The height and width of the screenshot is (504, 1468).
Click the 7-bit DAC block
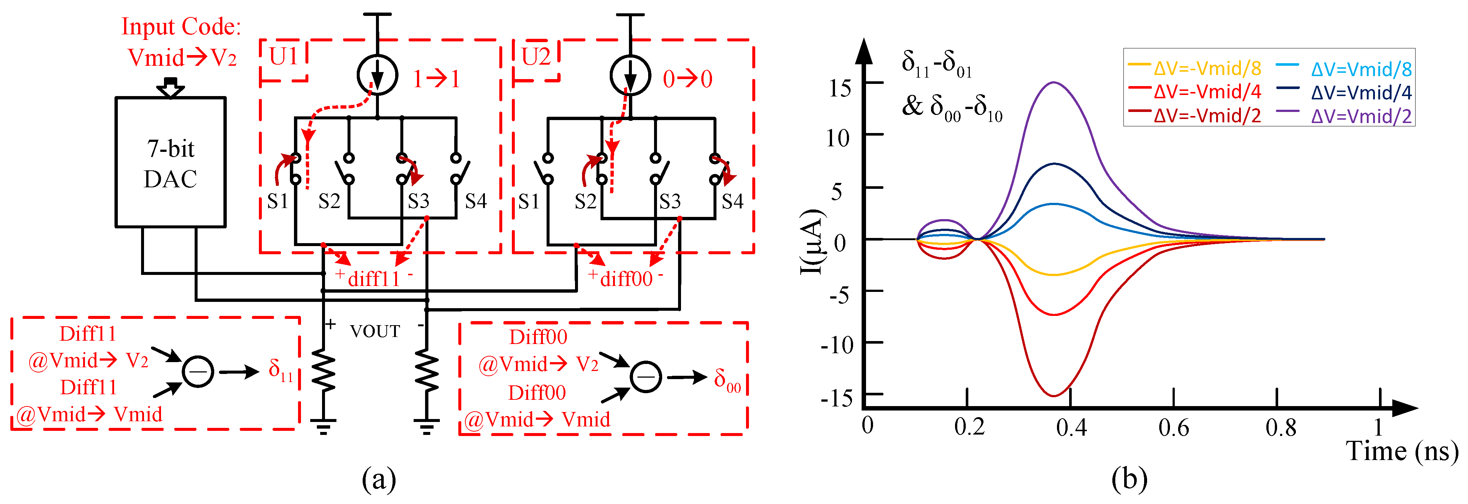[x=170, y=163]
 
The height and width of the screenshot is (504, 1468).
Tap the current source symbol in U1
[x=377, y=75]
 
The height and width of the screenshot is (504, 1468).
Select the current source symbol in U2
[x=630, y=75]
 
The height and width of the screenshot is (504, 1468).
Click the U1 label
[x=283, y=57]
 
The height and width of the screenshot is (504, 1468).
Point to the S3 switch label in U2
[x=670, y=201]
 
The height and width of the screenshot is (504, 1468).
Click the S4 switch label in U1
[x=475, y=201]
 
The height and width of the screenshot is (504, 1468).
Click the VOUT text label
[x=375, y=331]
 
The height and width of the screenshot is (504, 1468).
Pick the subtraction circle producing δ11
[x=198, y=372]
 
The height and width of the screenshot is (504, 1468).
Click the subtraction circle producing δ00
[x=646, y=377]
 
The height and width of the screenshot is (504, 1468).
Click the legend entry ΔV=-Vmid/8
[x=1207, y=68]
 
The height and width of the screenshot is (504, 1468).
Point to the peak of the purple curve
[x=1054, y=83]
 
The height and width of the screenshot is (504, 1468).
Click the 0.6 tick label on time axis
[x=1173, y=428]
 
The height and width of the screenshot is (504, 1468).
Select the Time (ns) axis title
[x=1402, y=452]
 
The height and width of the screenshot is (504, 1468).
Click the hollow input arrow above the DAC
[x=170, y=88]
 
